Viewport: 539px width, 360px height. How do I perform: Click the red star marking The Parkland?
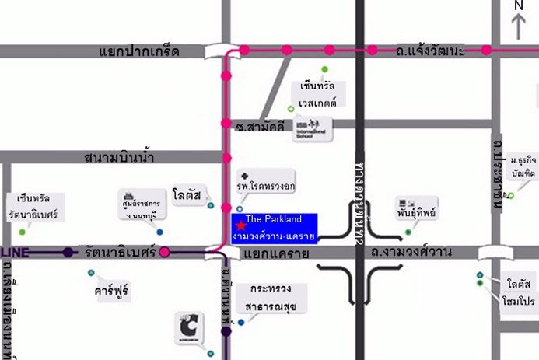[x=240, y=225]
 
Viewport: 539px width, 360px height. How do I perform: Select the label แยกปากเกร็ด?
[x=139, y=51]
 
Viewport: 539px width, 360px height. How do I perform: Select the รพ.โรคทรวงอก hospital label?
[x=266, y=187]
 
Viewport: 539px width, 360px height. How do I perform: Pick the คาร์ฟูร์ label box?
[x=110, y=291]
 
